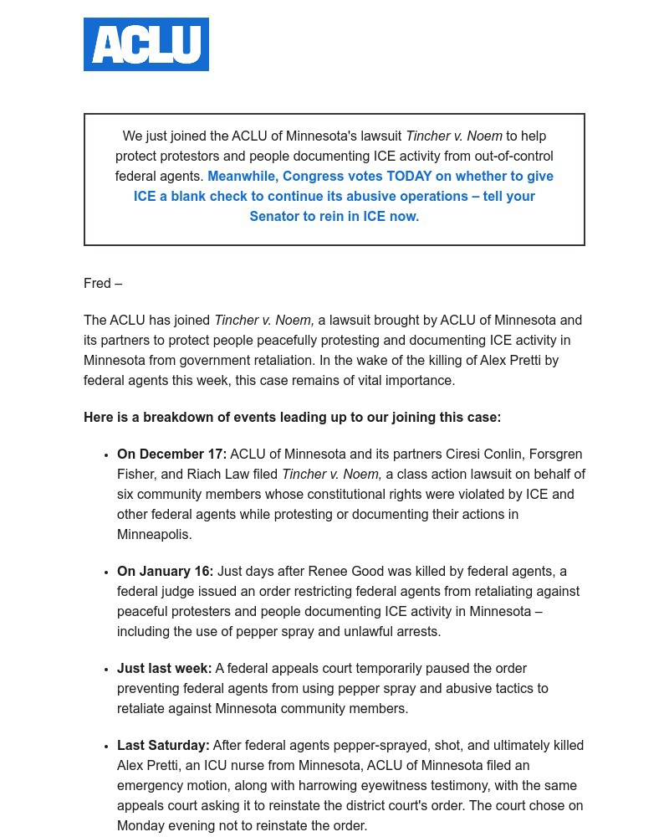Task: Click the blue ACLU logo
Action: click(146, 44)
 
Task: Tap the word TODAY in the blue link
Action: click(409, 177)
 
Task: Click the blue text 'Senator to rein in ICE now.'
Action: click(334, 217)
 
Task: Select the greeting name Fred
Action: click(97, 284)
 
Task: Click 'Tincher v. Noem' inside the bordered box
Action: click(453, 136)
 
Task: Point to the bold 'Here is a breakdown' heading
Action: click(292, 418)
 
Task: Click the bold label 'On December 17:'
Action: click(171, 454)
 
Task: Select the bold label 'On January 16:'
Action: click(165, 572)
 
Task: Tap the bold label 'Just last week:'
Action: click(164, 669)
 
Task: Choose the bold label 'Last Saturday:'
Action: click(163, 746)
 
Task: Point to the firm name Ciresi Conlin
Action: click(484, 454)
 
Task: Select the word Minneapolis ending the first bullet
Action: click(154, 535)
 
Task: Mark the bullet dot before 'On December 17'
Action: click(106, 455)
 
